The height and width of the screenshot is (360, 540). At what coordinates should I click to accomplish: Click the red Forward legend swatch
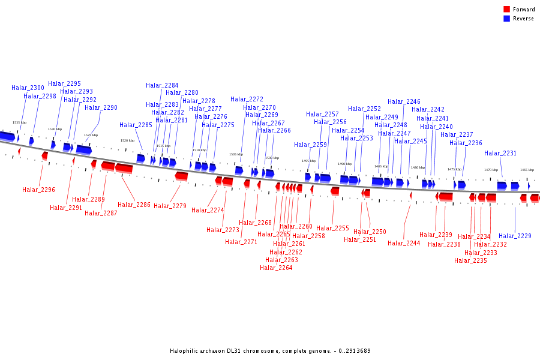[x=507, y=9]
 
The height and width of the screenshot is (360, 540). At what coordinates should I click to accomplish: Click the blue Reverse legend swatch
[x=507, y=19]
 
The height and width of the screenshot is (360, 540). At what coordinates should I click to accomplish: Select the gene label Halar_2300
[x=28, y=88]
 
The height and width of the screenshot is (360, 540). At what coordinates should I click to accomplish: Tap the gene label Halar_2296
[x=38, y=190]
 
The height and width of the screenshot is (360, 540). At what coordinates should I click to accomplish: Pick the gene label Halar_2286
[x=134, y=205]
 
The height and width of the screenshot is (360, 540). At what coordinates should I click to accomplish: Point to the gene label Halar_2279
[x=170, y=206]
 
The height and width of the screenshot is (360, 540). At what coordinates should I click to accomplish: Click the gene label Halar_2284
[x=162, y=86]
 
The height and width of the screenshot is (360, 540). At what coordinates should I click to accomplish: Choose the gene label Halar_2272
[x=247, y=100]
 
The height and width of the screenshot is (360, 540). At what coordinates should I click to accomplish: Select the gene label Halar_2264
[x=276, y=268]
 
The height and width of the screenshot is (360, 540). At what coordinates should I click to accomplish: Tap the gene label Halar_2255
[x=332, y=229]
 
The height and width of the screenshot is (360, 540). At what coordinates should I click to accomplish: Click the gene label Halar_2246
[x=404, y=102]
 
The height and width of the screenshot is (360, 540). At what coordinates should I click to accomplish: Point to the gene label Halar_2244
[x=404, y=244]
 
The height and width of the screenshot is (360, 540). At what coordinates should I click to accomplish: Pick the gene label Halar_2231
[x=500, y=154]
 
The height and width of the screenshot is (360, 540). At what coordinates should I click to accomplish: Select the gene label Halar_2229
[x=515, y=236]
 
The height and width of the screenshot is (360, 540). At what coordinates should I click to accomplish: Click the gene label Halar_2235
[x=470, y=261]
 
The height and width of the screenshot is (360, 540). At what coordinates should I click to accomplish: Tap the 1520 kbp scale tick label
[x=127, y=140]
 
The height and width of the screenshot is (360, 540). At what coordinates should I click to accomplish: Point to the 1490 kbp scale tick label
[x=344, y=164]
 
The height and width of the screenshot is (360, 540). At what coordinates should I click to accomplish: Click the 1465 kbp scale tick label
[x=527, y=170]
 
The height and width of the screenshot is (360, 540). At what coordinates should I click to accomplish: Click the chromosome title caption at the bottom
[x=270, y=351]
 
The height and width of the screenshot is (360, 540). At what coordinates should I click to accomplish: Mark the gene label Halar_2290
[x=101, y=108]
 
